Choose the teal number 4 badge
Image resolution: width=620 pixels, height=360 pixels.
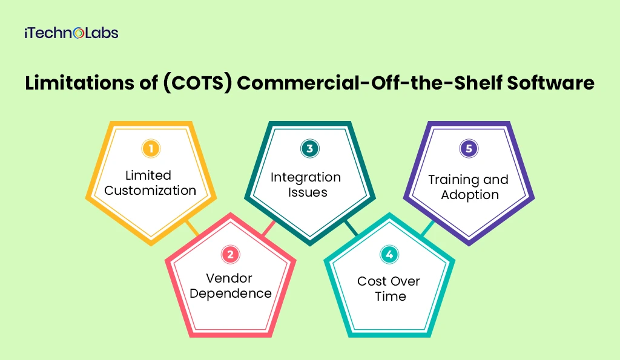389,255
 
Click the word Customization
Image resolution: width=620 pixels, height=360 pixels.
150,190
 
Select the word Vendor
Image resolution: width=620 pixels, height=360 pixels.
229,278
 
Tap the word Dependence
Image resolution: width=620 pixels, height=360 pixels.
229,293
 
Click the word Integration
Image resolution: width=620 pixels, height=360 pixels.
306,177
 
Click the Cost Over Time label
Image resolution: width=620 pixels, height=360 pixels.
389,289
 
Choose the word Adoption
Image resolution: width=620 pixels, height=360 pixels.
470,195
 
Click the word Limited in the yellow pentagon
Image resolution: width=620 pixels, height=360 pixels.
148,175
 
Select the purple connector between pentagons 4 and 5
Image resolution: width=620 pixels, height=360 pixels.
427,228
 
